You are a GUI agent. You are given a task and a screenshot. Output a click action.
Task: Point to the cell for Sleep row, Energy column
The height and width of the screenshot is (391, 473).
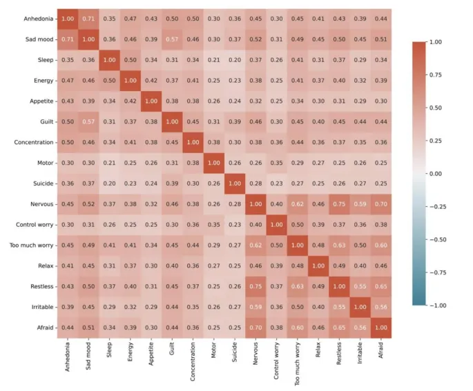[x=130, y=60]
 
